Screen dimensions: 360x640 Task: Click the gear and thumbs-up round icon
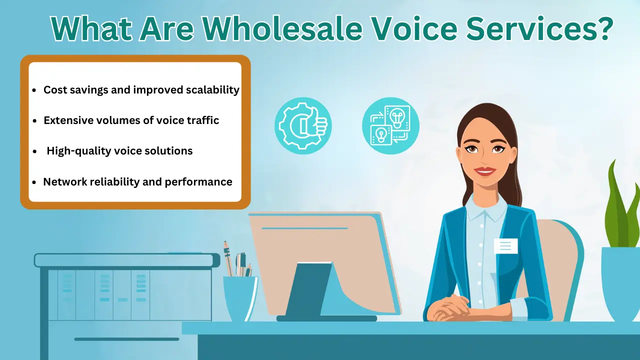(x=303, y=125)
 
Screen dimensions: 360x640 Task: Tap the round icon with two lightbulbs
(x=390, y=125)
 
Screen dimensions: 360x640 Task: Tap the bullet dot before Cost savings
(x=34, y=91)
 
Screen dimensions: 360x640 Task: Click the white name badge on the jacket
(x=505, y=245)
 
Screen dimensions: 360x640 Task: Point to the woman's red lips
(x=484, y=171)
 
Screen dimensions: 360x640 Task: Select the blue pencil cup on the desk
(x=240, y=298)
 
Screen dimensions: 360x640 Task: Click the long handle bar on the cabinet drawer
(x=126, y=339)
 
